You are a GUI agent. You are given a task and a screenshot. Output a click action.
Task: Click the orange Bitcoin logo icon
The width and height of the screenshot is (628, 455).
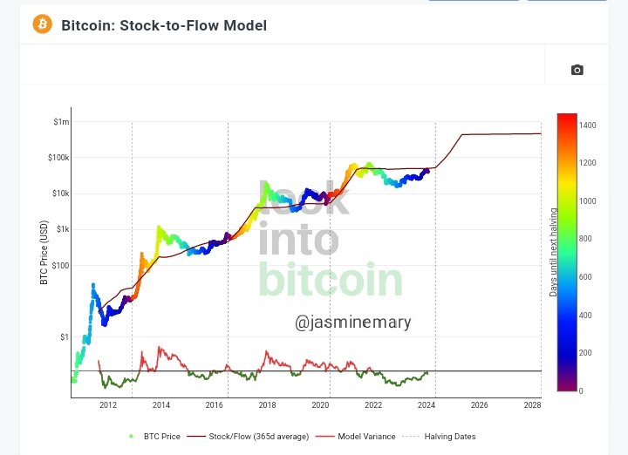coord(43,24)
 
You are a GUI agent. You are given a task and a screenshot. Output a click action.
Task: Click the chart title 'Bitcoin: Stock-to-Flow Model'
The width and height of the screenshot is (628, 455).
coord(164,25)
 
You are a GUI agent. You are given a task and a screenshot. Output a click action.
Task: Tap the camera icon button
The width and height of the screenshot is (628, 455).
coord(577,70)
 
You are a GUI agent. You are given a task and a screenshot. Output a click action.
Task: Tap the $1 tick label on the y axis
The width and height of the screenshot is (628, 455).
coord(63,336)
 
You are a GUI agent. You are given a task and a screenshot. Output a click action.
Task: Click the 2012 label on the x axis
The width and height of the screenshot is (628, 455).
coord(108,405)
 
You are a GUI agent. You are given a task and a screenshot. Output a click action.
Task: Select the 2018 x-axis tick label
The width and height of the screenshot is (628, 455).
coord(267,405)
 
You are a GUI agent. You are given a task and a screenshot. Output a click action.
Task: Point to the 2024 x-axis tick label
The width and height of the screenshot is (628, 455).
coord(427,405)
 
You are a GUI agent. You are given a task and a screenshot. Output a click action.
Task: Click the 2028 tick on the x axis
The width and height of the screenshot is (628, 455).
coord(533,405)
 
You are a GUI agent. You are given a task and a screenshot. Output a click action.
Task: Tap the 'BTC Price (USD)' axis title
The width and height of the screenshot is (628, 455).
coord(44,252)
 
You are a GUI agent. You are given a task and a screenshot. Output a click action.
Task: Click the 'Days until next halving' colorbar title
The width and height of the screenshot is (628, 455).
coord(553,253)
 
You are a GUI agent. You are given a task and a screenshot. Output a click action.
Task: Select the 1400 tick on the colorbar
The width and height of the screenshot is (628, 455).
coord(587,126)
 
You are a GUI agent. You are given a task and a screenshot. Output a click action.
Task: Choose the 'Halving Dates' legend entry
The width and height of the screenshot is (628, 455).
coord(450,436)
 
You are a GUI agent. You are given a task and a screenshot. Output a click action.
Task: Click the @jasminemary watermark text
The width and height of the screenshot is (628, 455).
coord(352,323)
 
